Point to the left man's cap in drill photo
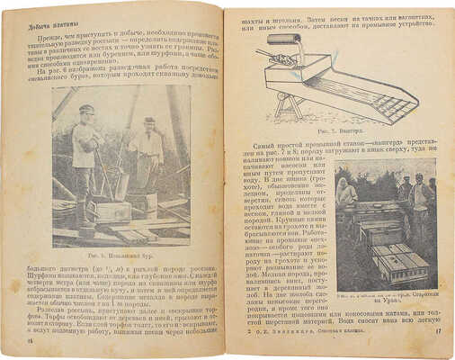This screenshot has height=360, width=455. (x=86, y=109)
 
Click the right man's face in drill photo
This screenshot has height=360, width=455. (x=148, y=125)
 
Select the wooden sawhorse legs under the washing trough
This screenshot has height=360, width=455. (x=270, y=112)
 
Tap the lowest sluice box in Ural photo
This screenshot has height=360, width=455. (x=403, y=264)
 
